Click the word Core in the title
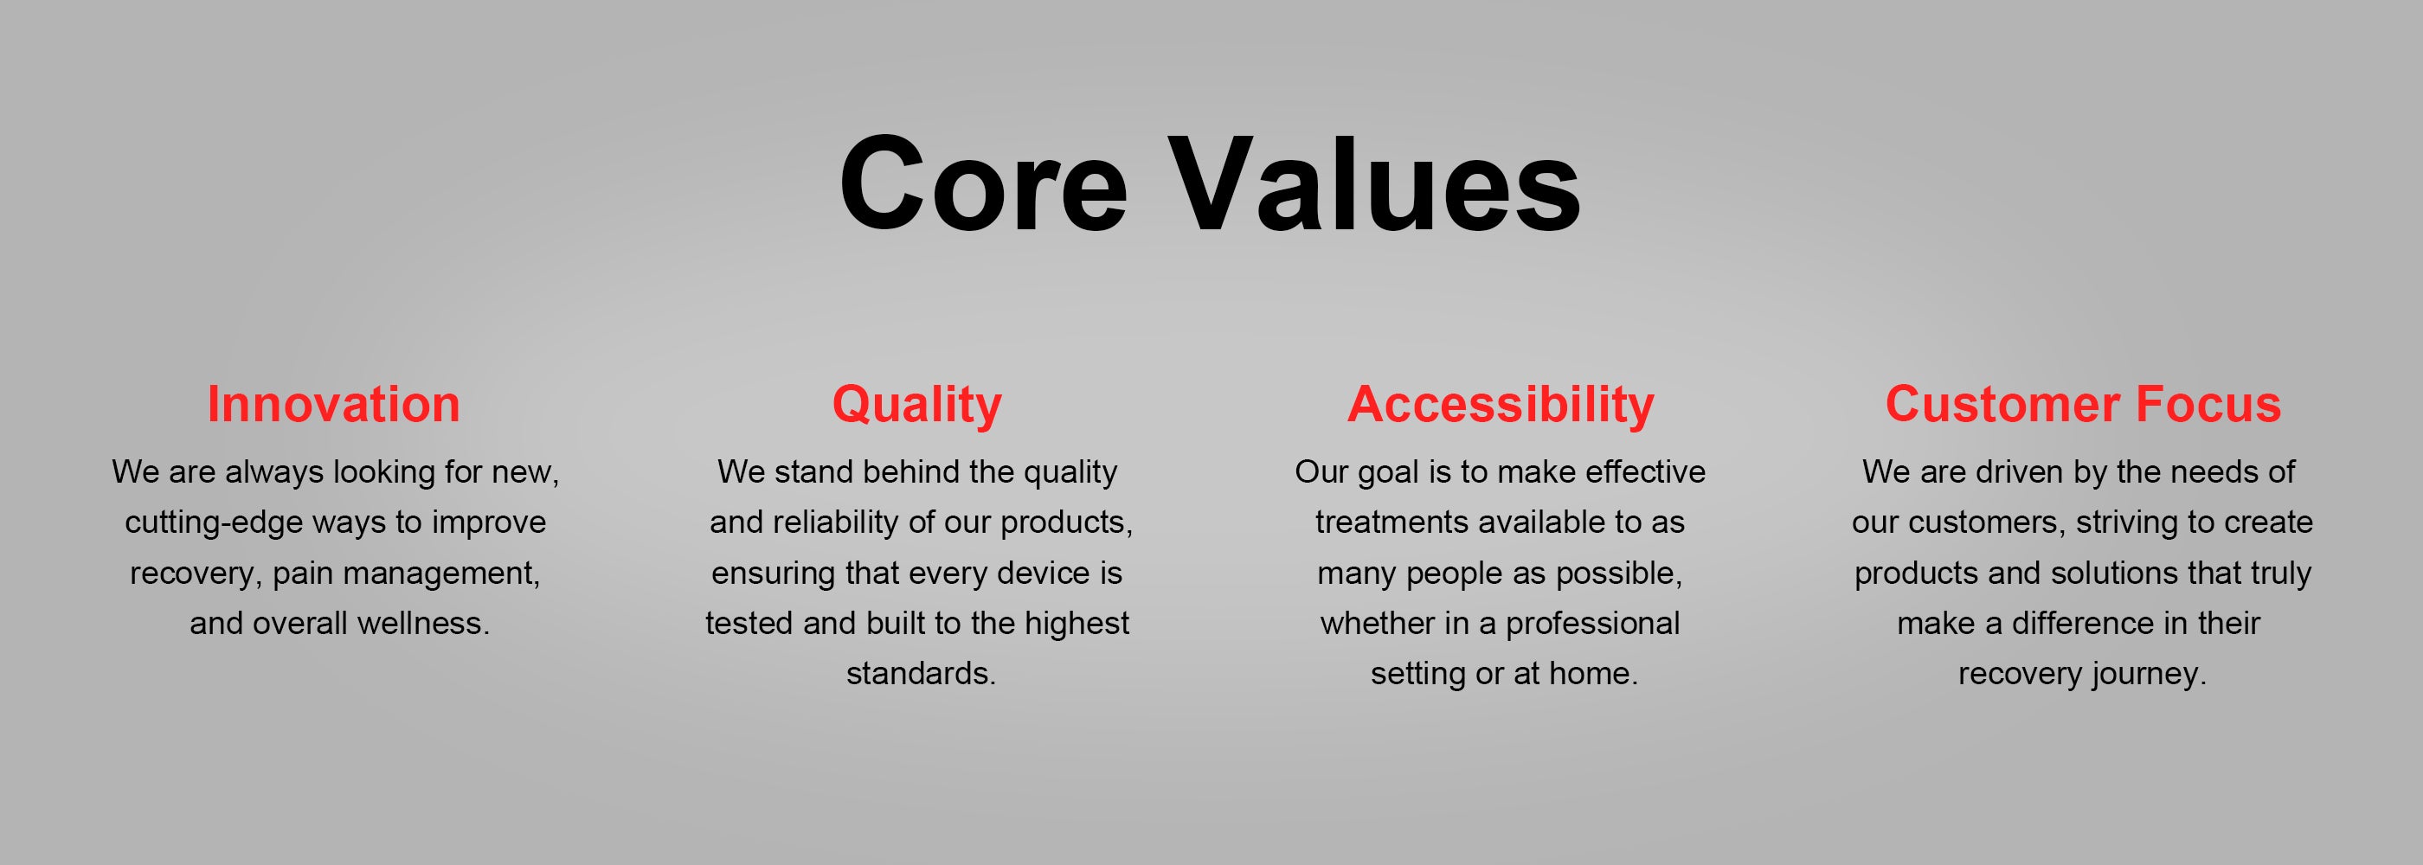pyautogui.click(x=983, y=183)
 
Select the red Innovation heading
pyautogui.click(x=334, y=404)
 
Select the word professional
pyautogui.click(x=1592, y=625)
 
